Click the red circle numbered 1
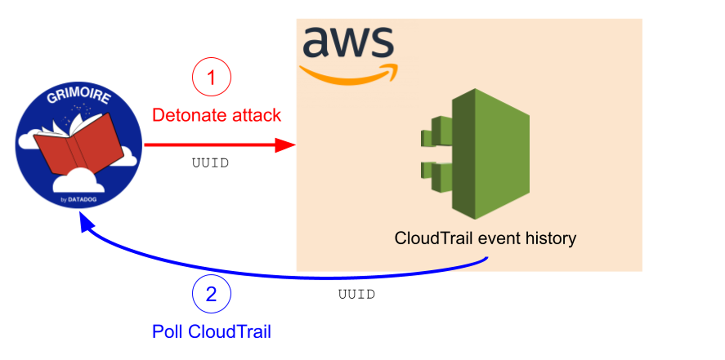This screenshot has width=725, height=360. (211, 77)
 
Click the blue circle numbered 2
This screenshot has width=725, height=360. (211, 294)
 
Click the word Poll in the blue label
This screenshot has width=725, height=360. (167, 332)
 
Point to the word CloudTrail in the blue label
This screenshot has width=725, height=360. (229, 332)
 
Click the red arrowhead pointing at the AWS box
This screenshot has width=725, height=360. (285, 145)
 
